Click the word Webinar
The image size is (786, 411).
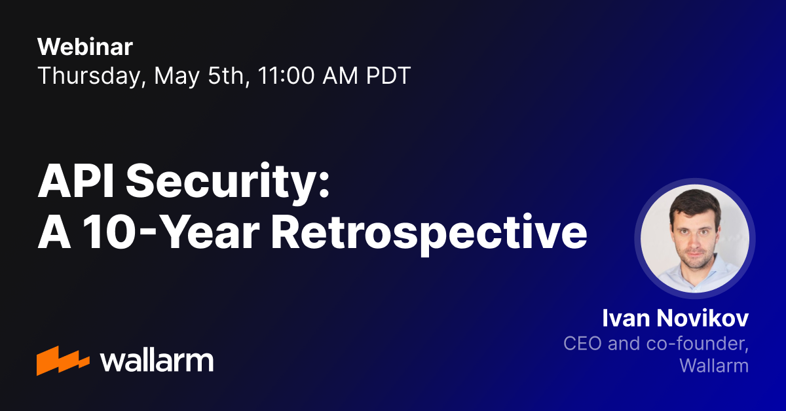pos(85,46)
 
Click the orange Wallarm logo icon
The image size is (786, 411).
pos(63,361)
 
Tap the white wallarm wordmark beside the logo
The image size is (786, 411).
pos(157,361)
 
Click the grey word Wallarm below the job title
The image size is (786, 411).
pos(714,365)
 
